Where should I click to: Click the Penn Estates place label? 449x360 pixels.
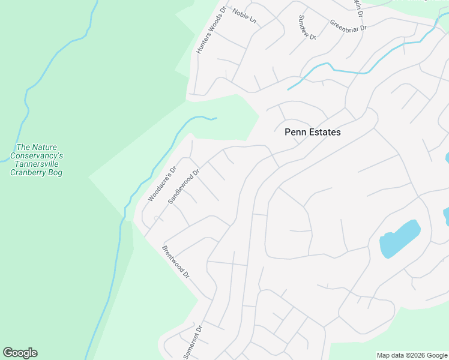pyautogui.click(x=312, y=132)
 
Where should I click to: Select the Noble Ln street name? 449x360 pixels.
pyautogui.click(x=244, y=17)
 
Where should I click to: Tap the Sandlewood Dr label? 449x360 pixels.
pyautogui.click(x=183, y=187)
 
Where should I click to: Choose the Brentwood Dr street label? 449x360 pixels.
pyautogui.click(x=176, y=262)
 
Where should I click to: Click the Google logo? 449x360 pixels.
pyautogui.click(x=20, y=353)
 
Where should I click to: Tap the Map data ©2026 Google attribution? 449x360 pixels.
pyautogui.click(x=412, y=356)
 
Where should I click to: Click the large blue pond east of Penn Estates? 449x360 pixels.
pyautogui.click(x=399, y=239)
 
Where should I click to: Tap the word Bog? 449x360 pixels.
pyautogui.click(x=56, y=173)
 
